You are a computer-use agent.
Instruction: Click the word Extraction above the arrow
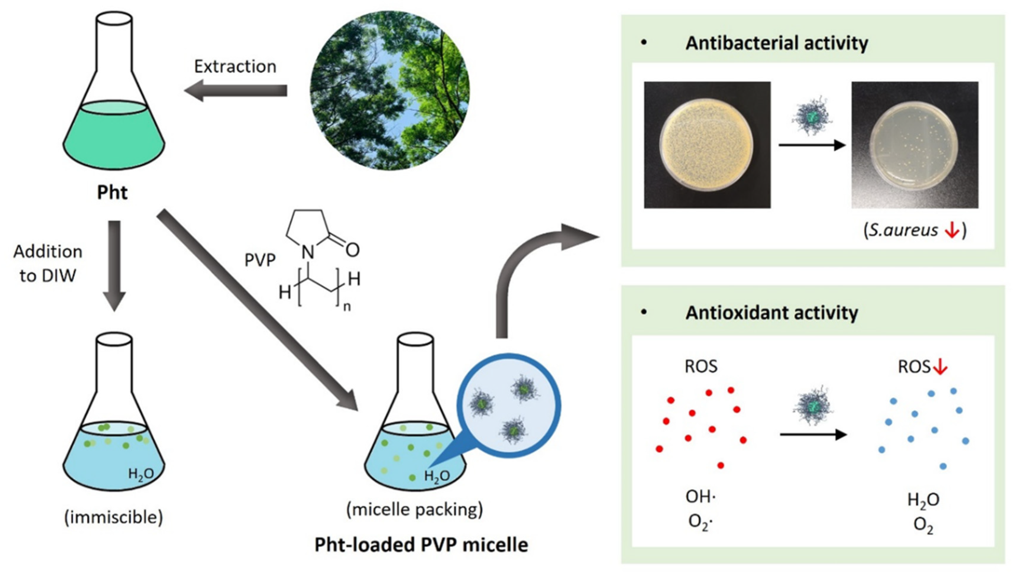click(235, 67)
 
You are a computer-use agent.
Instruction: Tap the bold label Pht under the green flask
click(112, 193)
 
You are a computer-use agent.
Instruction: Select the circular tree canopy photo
click(389, 91)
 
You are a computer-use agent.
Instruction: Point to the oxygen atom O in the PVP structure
click(352, 250)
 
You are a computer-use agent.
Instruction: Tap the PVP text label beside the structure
click(260, 260)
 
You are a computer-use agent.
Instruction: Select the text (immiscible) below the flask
click(114, 517)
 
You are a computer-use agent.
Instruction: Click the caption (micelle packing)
click(414, 509)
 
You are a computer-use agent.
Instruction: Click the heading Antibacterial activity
click(776, 43)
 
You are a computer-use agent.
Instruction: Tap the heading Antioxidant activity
click(771, 313)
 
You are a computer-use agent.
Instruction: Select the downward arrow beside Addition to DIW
click(114, 265)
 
